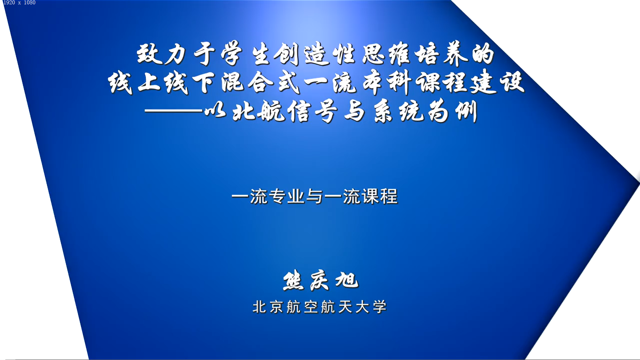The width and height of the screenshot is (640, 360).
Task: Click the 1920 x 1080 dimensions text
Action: click(19, 3)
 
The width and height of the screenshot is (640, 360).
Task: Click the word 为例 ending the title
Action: click(453, 111)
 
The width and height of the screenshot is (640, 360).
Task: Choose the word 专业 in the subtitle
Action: click(286, 196)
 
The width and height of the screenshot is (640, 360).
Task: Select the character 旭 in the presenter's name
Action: click(347, 280)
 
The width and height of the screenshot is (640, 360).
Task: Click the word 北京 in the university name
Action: click(268, 307)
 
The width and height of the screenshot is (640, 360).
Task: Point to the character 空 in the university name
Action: click(311, 307)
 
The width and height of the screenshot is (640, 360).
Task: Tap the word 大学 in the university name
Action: click(371, 307)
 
